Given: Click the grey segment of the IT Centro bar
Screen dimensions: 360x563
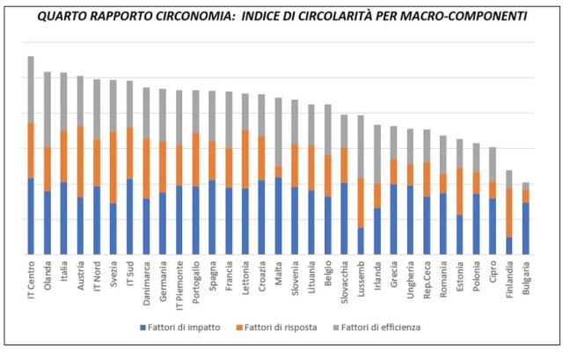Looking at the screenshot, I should [x=31, y=89].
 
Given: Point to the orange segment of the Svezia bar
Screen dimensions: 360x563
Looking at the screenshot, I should [x=113, y=167].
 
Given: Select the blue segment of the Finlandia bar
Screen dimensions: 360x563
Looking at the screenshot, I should [x=509, y=246].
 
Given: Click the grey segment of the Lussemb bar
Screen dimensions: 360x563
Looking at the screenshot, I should [x=361, y=146].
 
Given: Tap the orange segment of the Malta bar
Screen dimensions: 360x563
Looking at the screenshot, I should [x=279, y=172].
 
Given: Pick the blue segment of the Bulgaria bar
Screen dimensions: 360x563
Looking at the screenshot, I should [x=526, y=229].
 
